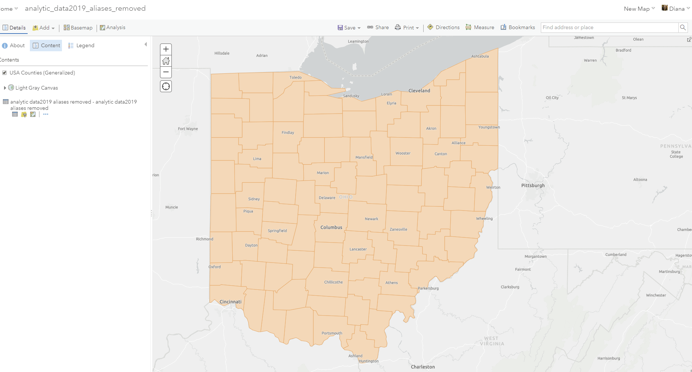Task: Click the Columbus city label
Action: click(x=331, y=227)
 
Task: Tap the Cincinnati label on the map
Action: click(x=230, y=302)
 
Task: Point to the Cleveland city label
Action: click(x=419, y=91)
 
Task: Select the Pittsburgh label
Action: click(x=533, y=185)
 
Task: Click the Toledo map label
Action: click(x=295, y=77)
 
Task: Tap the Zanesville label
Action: click(x=398, y=229)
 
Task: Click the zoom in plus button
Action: click(x=166, y=49)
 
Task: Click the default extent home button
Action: click(x=166, y=61)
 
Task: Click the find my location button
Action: click(x=166, y=86)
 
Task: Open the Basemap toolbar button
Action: click(x=78, y=28)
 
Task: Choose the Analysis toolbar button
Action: click(x=113, y=28)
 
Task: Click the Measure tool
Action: click(x=480, y=27)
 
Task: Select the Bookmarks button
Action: click(x=518, y=27)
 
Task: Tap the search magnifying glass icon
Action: click(x=683, y=27)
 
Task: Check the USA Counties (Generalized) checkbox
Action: click(x=4, y=73)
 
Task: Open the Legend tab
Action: click(x=81, y=45)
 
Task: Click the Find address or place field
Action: click(x=609, y=27)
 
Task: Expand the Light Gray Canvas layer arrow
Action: click(x=5, y=88)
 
